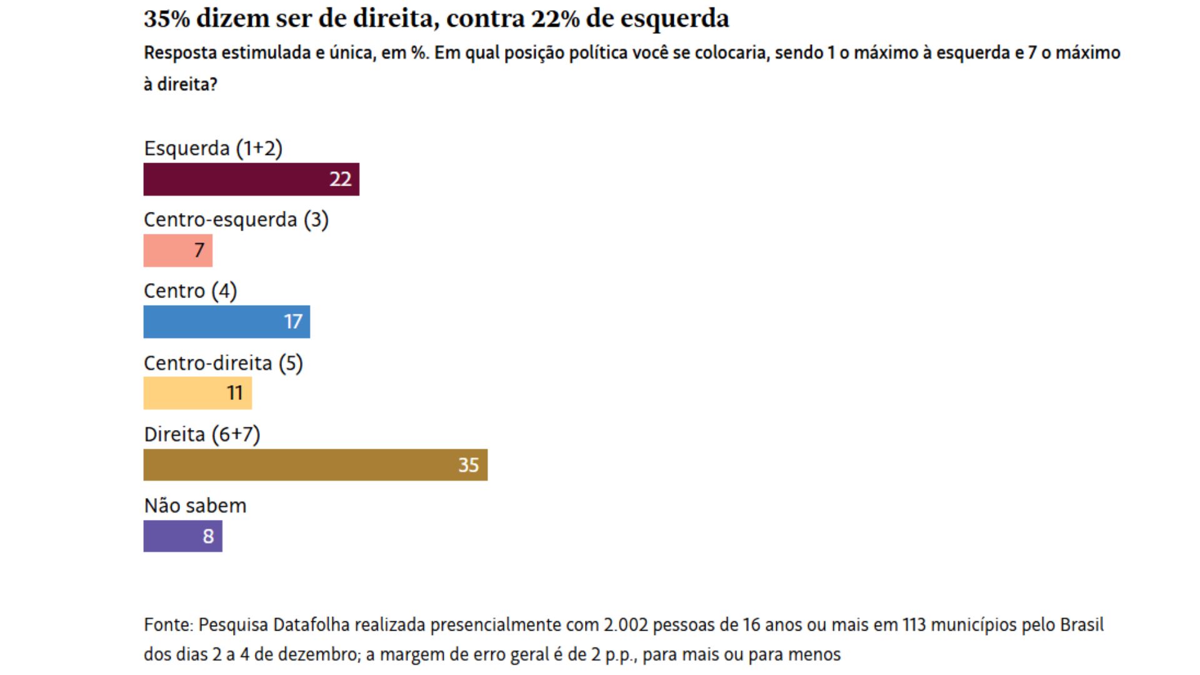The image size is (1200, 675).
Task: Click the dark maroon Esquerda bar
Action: [x=251, y=179]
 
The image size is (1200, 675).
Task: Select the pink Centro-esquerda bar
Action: [x=177, y=251]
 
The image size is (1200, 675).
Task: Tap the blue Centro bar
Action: [x=226, y=322]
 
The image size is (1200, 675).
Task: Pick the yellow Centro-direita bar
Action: [x=197, y=393]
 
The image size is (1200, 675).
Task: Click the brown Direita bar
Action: [x=315, y=465]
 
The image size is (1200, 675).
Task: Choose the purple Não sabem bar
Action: [x=182, y=536]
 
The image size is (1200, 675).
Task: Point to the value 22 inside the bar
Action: [x=341, y=179]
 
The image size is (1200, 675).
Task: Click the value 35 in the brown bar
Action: [x=469, y=465]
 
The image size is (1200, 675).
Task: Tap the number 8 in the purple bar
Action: [x=209, y=536]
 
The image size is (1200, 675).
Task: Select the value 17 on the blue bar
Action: [x=293, y=322]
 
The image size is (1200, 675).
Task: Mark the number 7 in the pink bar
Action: [x=199, y=251]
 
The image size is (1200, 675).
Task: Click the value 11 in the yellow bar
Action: [x=235, y=393]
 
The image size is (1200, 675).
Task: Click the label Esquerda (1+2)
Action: [x=213, y=149]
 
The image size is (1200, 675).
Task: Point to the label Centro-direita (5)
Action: [x=223, y=363]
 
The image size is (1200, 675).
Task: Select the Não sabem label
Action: [x=195, y=506]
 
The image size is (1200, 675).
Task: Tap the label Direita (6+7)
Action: [x=202, y=434]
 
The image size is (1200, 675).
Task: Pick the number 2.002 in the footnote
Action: [x=626, y=625]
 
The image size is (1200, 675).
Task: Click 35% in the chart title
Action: [x=167, y=19]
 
